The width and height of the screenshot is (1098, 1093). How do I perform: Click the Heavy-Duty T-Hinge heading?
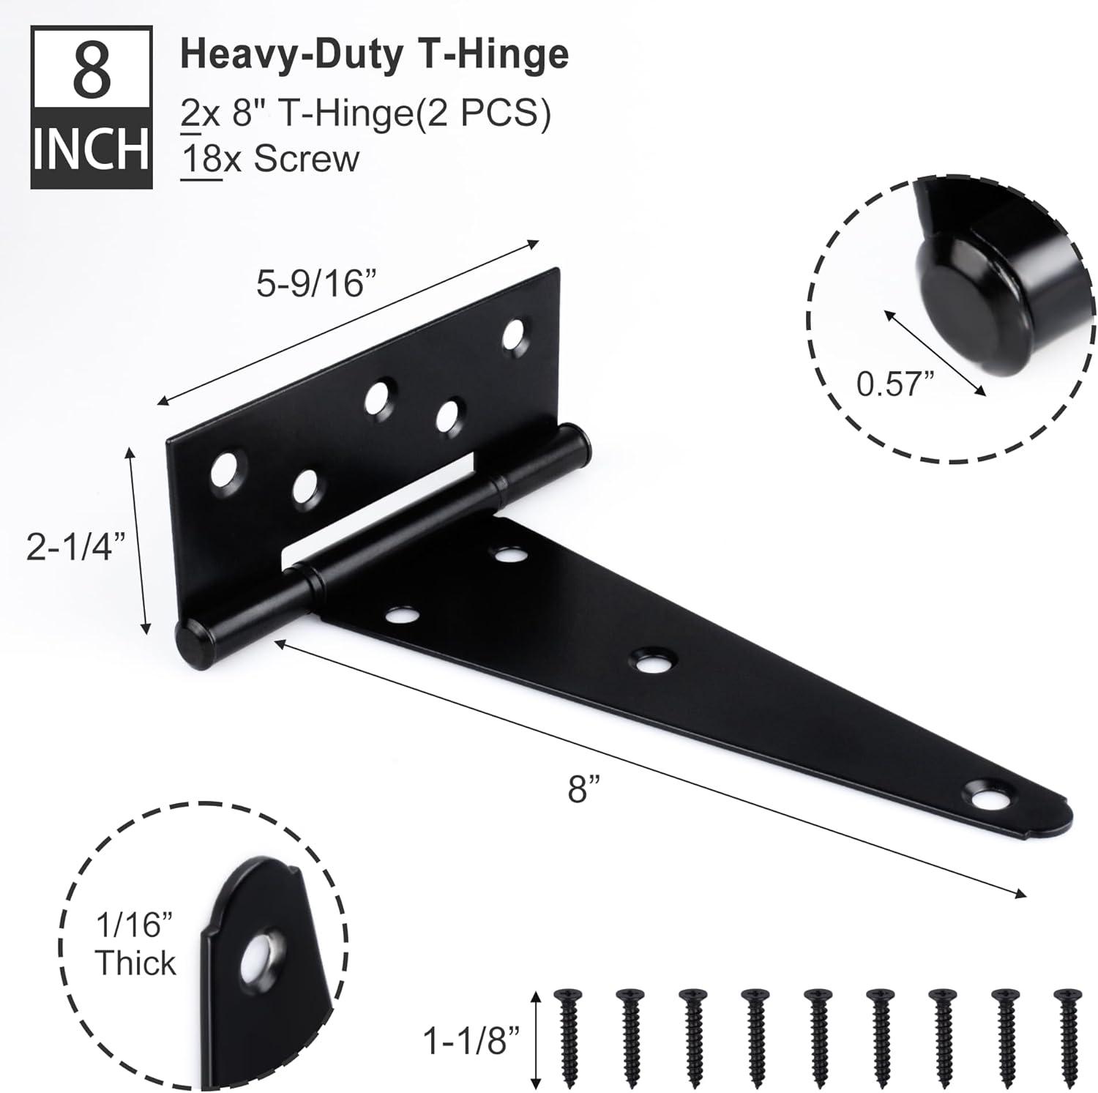click(x=374, y=53)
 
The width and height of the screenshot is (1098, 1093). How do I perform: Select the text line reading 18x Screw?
click(x=270, y=158)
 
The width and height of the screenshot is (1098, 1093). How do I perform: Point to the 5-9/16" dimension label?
click(x=310, y=283)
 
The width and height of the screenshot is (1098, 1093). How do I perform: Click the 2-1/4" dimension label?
click(x=71, y=546)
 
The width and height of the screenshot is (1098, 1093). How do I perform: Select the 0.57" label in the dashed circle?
click(x=896, y=384)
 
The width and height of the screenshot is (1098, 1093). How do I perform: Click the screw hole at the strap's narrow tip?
click(x=981, y=794)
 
